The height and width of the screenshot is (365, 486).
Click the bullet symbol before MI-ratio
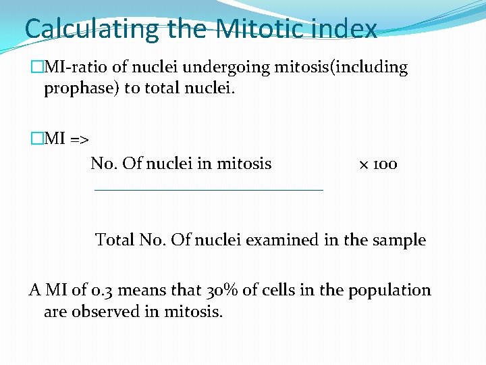(36, 68)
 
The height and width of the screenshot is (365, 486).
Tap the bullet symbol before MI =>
(36, 139)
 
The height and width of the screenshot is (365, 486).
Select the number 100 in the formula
(385, 164)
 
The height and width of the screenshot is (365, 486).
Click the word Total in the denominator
(115, 240)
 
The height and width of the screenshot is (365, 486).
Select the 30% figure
(220, 290)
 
